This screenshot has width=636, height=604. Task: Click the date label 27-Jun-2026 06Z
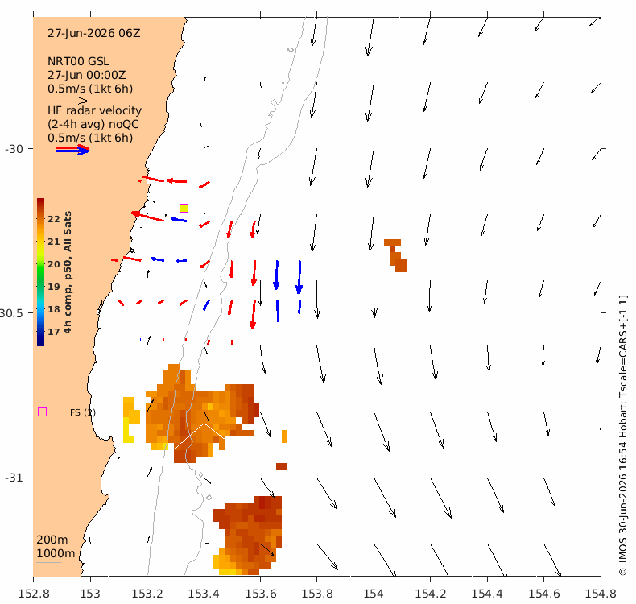click(x=93, y=33)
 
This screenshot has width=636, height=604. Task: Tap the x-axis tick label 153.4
click(x=204, y=594)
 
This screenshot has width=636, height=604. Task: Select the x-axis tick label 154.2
click(x=431, y=594)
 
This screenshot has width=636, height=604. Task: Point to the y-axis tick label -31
click(x=14, y=478)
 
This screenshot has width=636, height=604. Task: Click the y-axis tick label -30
click(x=14, y=149)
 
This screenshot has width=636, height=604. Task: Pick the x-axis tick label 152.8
click(x=34, y=594)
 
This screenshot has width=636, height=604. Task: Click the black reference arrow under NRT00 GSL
click(x=72, y=101)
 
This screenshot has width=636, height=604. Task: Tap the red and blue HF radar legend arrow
click(x=72, y=150)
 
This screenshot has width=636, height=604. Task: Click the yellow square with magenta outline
click(x=184, y=208)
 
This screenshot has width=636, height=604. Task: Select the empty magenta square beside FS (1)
click(x=42, y=412)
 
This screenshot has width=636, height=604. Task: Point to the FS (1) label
click(x=83, y=412)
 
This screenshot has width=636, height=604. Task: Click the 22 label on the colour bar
click(x=54, y=219)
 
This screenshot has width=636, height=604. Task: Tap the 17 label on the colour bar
click(x=54, y=332)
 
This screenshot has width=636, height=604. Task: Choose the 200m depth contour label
click(x=52, y=540)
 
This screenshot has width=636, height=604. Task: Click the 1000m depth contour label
click(x=56, y=553)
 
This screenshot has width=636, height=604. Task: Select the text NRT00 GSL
click(x=78, y=62)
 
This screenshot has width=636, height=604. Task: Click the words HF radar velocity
click(x=94, y=110)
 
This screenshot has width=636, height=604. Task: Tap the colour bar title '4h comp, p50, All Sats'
click(x=68, y=272)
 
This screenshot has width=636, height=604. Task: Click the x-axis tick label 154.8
click(x=601, y=594)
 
